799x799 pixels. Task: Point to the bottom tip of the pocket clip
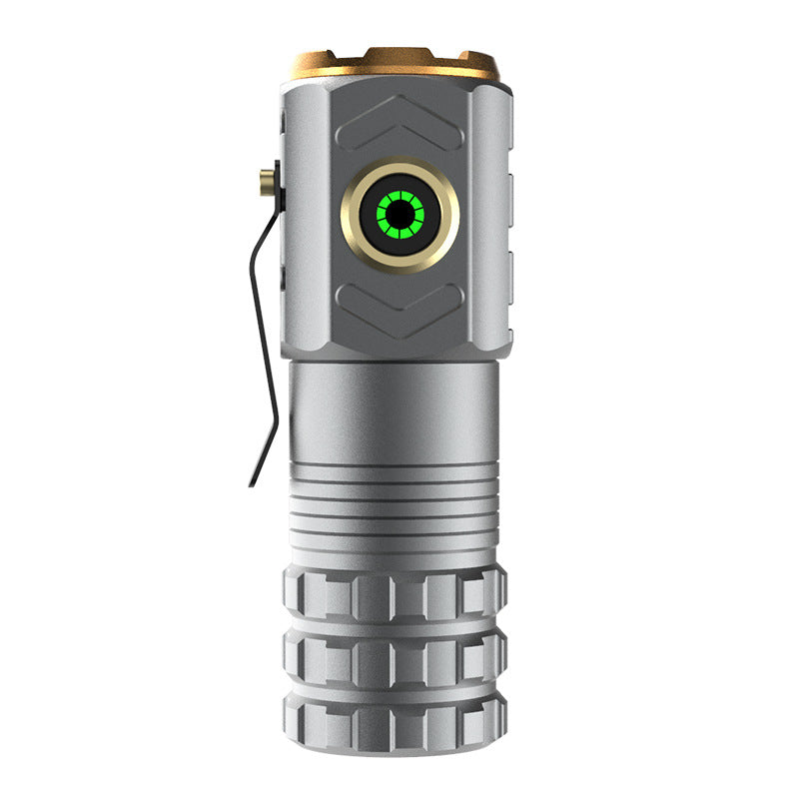tap(252, 483)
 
